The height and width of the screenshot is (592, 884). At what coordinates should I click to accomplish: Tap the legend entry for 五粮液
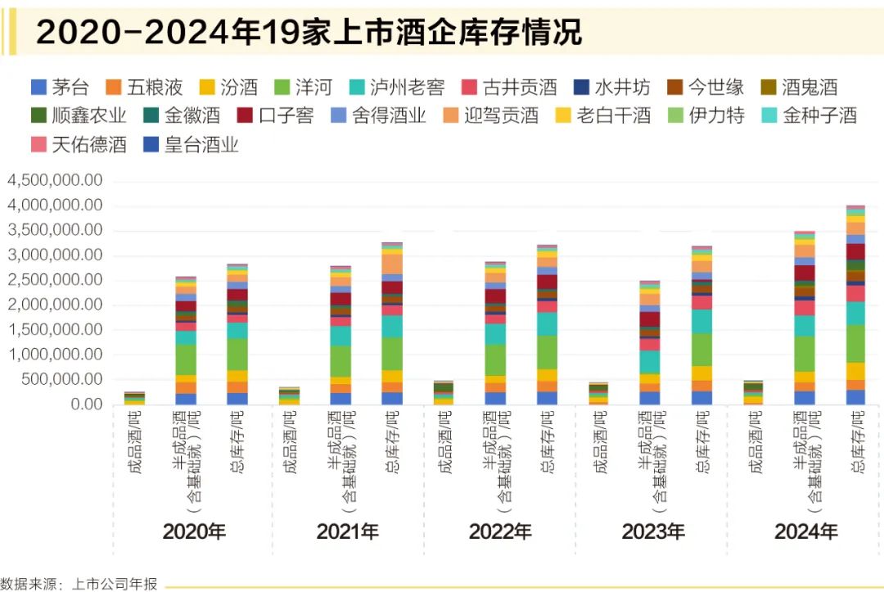point(144,87)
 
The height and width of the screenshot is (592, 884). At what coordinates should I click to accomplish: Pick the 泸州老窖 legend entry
point(398,87)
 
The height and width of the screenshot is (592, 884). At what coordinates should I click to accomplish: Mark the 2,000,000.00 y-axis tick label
point(55,305)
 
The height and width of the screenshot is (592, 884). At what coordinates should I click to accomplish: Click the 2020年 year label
point(194,531)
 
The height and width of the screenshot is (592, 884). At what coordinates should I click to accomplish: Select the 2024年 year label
point(805,531)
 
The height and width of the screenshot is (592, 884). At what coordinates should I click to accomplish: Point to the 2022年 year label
point(499,531)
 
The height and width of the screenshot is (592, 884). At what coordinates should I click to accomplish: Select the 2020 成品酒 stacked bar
point(134,398)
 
